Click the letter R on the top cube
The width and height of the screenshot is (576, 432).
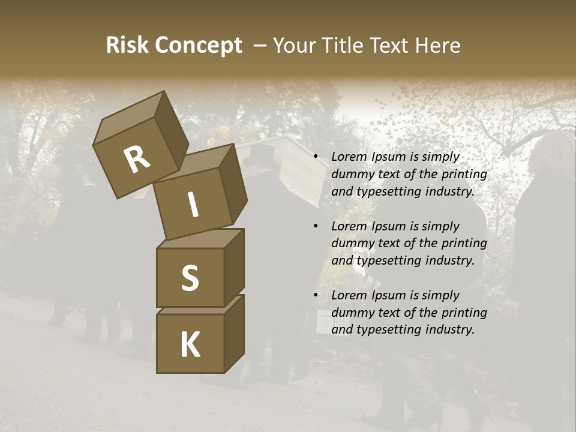pos(137,160)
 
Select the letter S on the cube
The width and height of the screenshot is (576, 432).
pos(190,277)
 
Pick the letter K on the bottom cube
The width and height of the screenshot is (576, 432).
pos(190,344)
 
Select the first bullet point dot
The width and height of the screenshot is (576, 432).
pos(316,157)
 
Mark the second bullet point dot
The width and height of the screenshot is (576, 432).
pos(316,226)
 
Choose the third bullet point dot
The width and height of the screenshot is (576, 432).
pos(316,295)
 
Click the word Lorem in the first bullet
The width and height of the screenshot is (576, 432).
pos(349,157)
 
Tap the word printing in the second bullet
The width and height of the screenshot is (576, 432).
pos(464,244)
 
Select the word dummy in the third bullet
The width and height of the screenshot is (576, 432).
pos(350,313)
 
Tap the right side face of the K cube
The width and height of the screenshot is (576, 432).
pos(234,333)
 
